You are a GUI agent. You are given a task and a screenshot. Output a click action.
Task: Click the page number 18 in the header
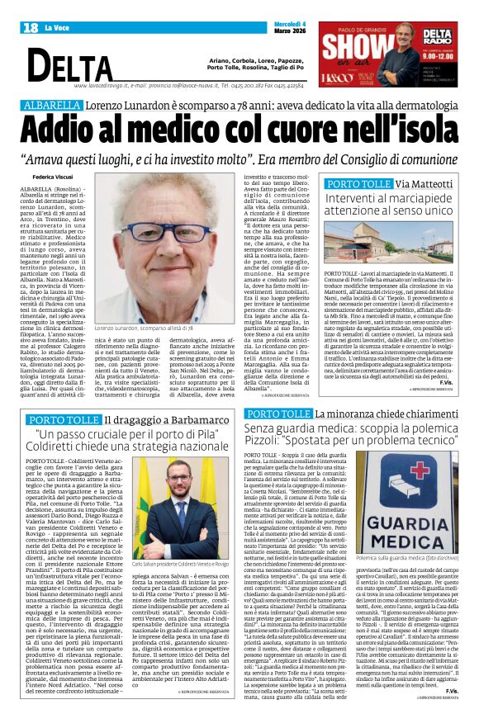[31, 28]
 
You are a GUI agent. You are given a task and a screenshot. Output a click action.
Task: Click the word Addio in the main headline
[73, 131]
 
